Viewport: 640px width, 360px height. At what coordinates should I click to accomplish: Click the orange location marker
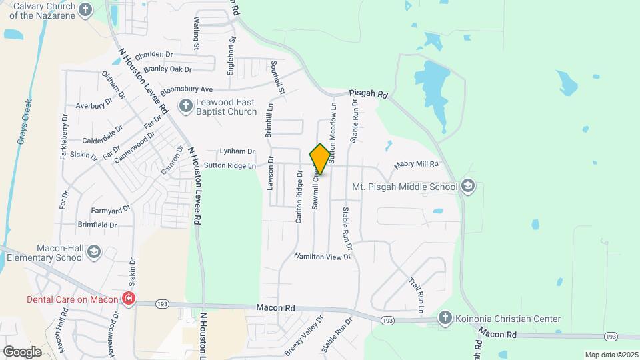[320, 159]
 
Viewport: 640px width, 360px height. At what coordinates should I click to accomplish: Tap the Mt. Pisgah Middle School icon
[468, 186]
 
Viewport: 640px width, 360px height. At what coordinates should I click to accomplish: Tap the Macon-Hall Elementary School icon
[93, 251]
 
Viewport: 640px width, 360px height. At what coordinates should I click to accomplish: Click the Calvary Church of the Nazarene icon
[85, 9]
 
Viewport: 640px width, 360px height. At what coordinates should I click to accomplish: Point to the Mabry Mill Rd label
[417, 163]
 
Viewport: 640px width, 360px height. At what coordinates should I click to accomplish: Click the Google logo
[22, 351]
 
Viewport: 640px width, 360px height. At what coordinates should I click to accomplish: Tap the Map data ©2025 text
[611, 355]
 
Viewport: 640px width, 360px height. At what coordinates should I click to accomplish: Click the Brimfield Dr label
[97, 225]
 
